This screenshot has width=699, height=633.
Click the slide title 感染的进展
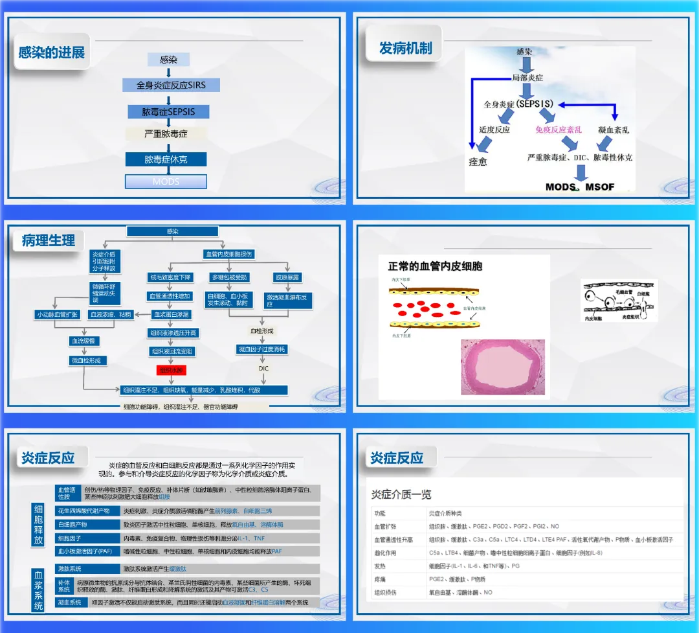click(52, 52)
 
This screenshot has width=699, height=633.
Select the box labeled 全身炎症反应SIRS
click(171, 85)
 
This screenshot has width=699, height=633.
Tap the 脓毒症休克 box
click(166, 159)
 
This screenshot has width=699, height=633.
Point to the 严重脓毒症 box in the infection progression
click(166, 134)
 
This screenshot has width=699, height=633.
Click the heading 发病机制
click(405, 48)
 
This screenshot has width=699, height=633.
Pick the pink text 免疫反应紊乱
click(559, 130)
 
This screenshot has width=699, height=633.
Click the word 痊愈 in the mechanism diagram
click(478, 161)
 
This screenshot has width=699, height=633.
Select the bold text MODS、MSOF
click(580, 187)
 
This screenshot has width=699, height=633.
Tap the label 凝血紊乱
click(614, 130)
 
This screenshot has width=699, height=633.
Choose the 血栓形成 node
click(261, 330)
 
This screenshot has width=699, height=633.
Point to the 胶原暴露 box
click(287, 277)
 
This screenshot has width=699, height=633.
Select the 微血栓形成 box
click(88, 360)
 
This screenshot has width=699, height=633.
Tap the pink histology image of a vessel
click(502, 367)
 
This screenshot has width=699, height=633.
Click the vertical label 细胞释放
click(39, 524)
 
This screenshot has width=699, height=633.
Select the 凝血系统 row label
click(70, 602)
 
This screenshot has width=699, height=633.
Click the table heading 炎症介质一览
click(401, 495)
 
